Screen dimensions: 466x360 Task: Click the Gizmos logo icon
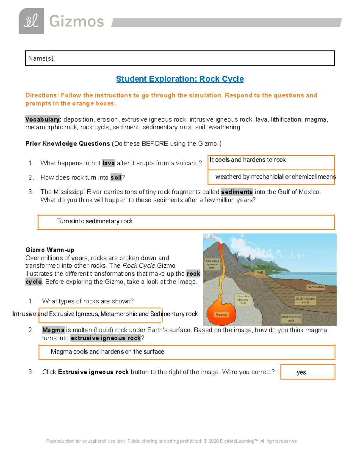click(x=31, y=21)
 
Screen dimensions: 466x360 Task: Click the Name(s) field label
click(x=41, y=59)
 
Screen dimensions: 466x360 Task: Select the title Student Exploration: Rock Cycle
click(x=180, y=79)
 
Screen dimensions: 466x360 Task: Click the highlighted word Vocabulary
click(x=43, y=119)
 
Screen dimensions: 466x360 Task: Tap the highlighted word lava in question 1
click(x=108, y=163)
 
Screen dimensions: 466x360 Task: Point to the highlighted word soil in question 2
click(x=116, y=178)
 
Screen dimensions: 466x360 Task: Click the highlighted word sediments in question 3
click(x=237, y=192)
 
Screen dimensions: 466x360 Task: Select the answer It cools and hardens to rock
click(x=247, y=160)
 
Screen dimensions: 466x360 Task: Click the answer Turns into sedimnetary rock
click(x=95, y=221)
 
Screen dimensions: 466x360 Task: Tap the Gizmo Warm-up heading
click(x=50, y=250)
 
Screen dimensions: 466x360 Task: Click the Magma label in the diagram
click(x=221, y=314)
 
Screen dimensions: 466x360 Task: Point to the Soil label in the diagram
click(x=260, y=272)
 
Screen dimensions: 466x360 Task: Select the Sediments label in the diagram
click(x=316, y=287)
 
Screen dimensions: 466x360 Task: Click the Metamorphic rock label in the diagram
click(x=291, y=319)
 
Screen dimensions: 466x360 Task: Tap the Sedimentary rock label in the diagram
click(x=305, y=300)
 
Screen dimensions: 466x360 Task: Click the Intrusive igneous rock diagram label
click(x=243, y=299)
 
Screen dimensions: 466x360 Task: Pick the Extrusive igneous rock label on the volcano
click(x=212, y=264)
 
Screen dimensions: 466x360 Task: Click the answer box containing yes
click(x=307, y=372)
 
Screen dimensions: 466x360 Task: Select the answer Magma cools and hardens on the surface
click(x=107, y=352)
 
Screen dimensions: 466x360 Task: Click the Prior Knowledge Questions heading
click(x=68, y=144)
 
